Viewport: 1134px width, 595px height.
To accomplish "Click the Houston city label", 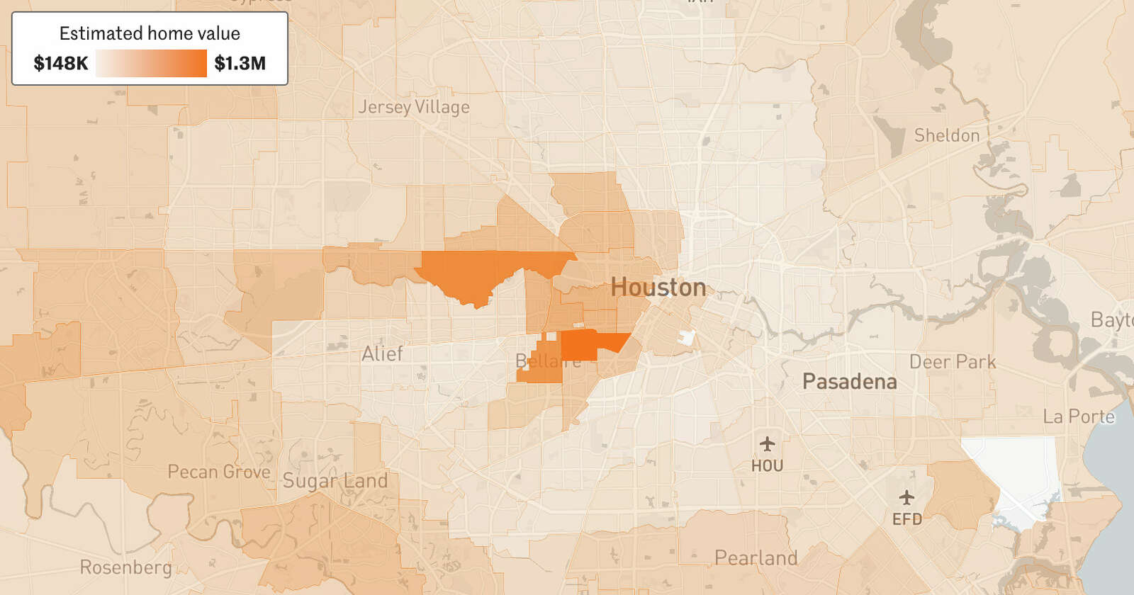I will (658, 288).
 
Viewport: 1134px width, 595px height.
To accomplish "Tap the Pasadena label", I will (849, 382).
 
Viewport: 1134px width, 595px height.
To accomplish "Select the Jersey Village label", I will (413, 107).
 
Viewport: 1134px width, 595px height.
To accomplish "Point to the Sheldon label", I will (946, 135).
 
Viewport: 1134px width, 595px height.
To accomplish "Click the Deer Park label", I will (952, 362).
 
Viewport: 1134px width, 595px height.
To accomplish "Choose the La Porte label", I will (1078, 416).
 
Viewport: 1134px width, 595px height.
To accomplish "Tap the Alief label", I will (382, 353).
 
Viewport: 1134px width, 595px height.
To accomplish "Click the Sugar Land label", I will (335, 481).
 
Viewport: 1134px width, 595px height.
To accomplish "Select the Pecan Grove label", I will (219, 472).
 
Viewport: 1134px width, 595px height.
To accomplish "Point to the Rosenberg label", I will (125, 567).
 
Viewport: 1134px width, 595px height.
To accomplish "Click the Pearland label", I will (756, 558).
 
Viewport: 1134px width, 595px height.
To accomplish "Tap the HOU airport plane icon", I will (767, 445).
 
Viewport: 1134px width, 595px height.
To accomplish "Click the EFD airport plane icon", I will (906, 497).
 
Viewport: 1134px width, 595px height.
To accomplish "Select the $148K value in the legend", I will (61, 64).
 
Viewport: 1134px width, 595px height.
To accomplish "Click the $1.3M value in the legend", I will (240, 64).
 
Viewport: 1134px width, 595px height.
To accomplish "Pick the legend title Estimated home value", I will (150, 33).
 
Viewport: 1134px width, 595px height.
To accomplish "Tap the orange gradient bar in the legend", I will (151, 64).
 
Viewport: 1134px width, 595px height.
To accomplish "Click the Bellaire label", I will (548, 361).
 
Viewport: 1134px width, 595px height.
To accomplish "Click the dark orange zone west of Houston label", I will (489, 272).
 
